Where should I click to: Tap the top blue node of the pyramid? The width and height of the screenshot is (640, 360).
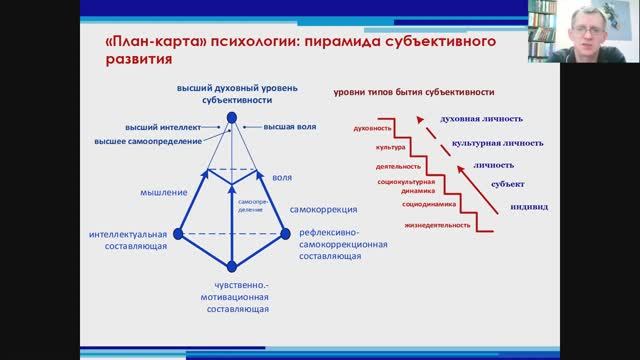232,117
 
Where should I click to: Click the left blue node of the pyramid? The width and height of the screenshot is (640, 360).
178,233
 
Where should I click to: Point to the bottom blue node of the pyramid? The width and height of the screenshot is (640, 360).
232,266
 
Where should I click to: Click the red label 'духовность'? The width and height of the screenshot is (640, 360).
371,129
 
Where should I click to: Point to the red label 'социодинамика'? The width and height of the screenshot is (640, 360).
429,204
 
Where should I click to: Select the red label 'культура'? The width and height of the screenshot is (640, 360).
379,148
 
